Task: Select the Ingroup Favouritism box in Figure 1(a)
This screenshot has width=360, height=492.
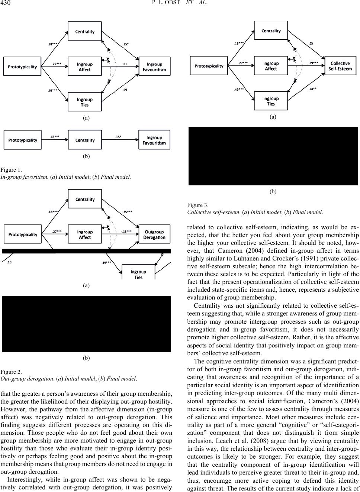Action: pyautogui.click(x=154, y=67)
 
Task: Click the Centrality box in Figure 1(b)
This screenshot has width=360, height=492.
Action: pyautogui.click(x=85, y=140)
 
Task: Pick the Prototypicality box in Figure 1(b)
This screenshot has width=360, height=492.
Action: pyautogui.click(x=23, y=140)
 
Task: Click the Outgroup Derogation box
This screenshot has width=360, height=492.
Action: pyautogui.click(x=154, y=235)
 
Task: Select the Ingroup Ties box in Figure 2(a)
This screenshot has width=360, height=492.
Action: pyautogui.click(x=138, y=274)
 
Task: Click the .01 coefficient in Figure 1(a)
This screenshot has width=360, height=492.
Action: pyautogui.click(x=125, y=64)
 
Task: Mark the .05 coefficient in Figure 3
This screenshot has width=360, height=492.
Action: pyautogui.click(x=311, y=43)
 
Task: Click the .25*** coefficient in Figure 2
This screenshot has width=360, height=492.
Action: pyautogui.click(x=127, y=212)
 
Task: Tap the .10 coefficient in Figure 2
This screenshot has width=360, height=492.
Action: pyautogui.click(x=10, y=262)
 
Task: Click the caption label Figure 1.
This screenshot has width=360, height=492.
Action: pyautogui.click(x=11, y=170)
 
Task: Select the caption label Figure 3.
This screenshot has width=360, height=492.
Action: pyautogui.click(x=198, y=205)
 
